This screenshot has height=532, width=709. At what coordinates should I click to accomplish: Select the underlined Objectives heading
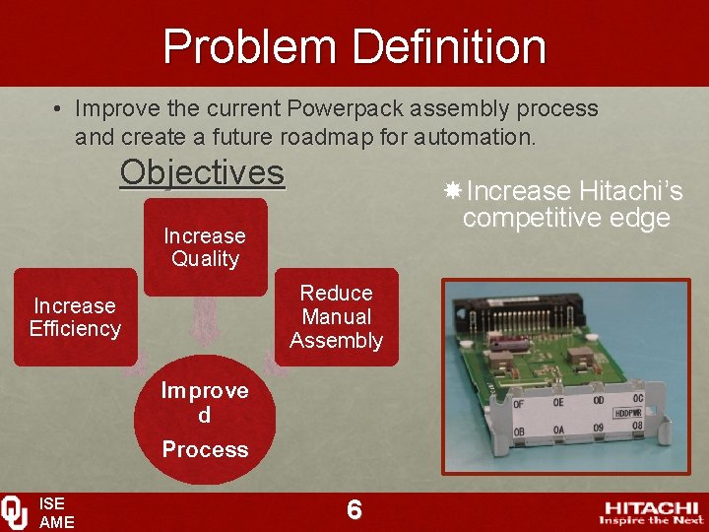click(202, 172)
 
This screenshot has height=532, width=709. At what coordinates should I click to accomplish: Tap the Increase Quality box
click(205, 247)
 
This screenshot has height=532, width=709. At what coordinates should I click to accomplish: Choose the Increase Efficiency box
click(75, 317)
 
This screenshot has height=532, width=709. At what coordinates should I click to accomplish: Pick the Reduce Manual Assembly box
click(336, 317)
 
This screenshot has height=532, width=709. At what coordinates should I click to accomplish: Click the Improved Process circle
click(205, 420)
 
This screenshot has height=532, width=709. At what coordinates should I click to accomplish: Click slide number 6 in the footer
click(354, 509)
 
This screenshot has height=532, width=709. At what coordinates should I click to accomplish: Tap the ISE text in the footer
click(51, 503)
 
